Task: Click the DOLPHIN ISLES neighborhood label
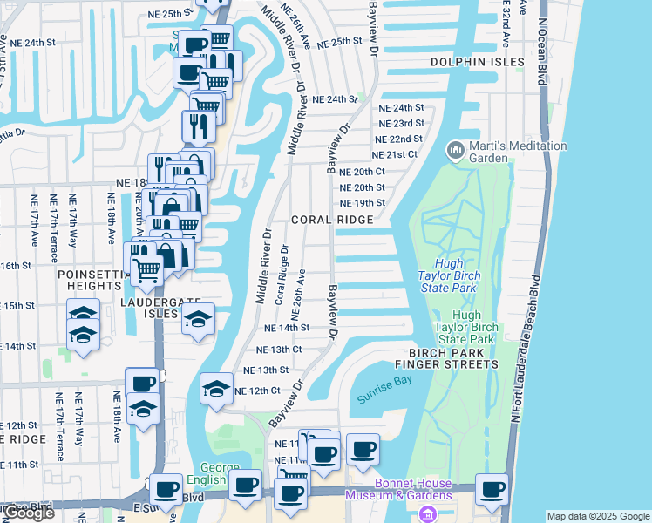pyautogui.click(x=478, y=63)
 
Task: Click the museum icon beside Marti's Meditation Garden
pyautogui.click(x=454, y=151)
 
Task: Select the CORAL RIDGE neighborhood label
pyautogui.click(x=326, y=221)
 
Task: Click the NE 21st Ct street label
pyautogui.click(x=396, y=154)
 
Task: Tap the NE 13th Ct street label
pyautogui.click(x=281, y=350)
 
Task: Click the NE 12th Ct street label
pyautogui.click(x=257, y=391)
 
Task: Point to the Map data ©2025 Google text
pyautogui.click(x=598, y=516)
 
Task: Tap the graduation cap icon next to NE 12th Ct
pyautogui.click(x=215, y=389)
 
